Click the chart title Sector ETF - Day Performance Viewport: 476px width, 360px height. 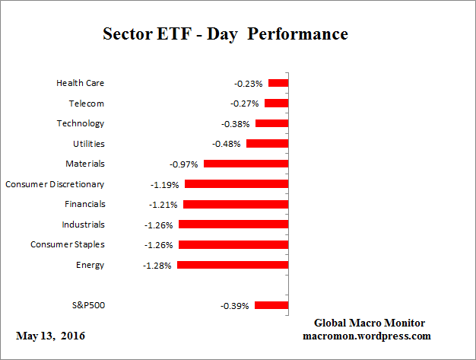coord(225,34)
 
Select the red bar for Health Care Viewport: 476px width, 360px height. coord(278,83)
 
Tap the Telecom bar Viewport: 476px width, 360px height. coord(276,104)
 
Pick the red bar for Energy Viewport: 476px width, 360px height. coord(233,266)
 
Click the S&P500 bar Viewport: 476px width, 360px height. coord(271,305)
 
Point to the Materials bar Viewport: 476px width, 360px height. coord(246,164)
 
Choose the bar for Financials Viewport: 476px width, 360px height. coord(236,205)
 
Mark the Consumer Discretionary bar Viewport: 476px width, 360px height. coord(236,184)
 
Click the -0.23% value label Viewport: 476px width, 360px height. coord(249,84)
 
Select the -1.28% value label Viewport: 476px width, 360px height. coord(158,266)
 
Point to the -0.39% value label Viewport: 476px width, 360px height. coord(234,306)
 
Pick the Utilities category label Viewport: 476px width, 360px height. coord(87,143)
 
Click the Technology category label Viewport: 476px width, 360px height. coord(81,123)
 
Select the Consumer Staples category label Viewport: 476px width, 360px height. coord(68,244)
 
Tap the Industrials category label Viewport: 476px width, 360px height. coord(84,225)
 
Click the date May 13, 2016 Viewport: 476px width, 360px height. coord(49,336)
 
